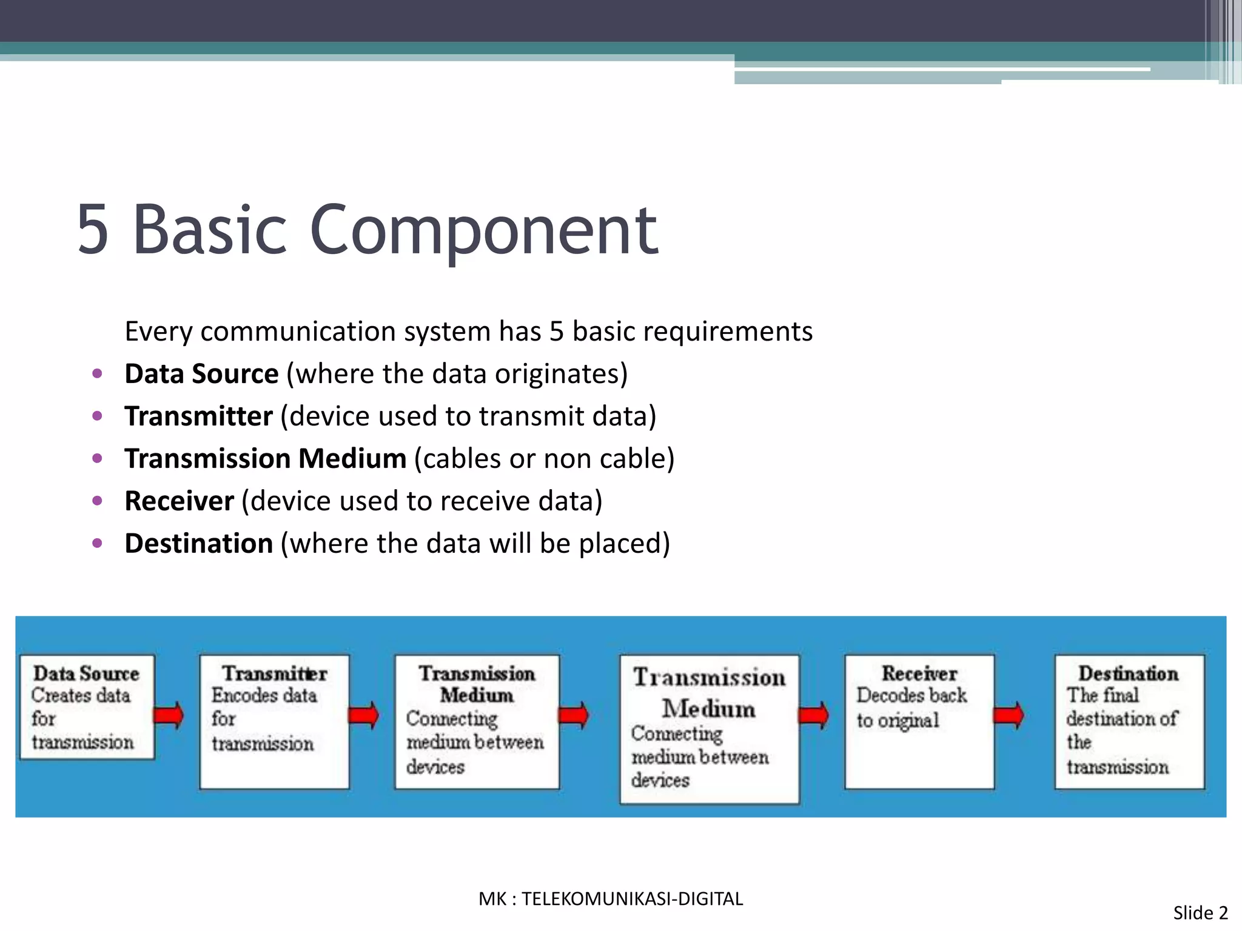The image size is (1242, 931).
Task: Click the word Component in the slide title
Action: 483,230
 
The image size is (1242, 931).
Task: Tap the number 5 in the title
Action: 93,230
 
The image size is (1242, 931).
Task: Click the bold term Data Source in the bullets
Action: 201,374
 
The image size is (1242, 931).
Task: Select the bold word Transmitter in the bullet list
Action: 198,416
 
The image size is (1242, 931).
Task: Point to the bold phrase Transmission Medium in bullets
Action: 265,459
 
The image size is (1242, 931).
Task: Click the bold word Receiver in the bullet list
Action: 179,501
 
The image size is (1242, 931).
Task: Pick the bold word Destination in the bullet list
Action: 198,544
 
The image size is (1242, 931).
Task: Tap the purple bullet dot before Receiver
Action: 97,501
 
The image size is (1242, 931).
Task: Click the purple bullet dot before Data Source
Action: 97,373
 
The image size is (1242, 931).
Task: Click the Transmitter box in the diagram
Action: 274,721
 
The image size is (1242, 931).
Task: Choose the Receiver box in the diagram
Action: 919,721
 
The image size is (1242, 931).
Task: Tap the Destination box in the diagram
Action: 1129,721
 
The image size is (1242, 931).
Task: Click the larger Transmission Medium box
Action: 709,729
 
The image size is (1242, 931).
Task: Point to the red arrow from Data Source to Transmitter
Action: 169,715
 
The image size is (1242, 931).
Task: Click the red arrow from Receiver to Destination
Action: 1009,716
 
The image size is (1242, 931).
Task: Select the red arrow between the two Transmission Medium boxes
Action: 573,716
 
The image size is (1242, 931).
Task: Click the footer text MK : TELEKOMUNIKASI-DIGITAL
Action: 611,899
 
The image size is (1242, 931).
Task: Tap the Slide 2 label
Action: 1200,913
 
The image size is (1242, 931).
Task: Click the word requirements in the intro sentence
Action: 728,332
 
